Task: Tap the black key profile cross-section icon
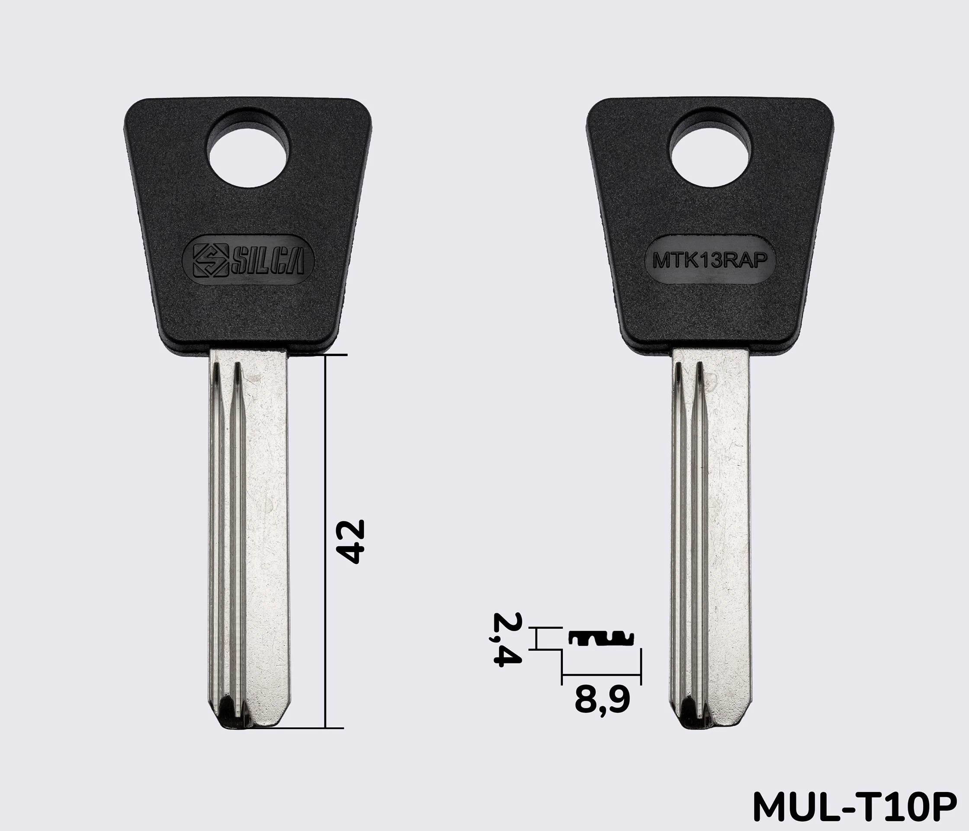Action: [601, 638]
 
